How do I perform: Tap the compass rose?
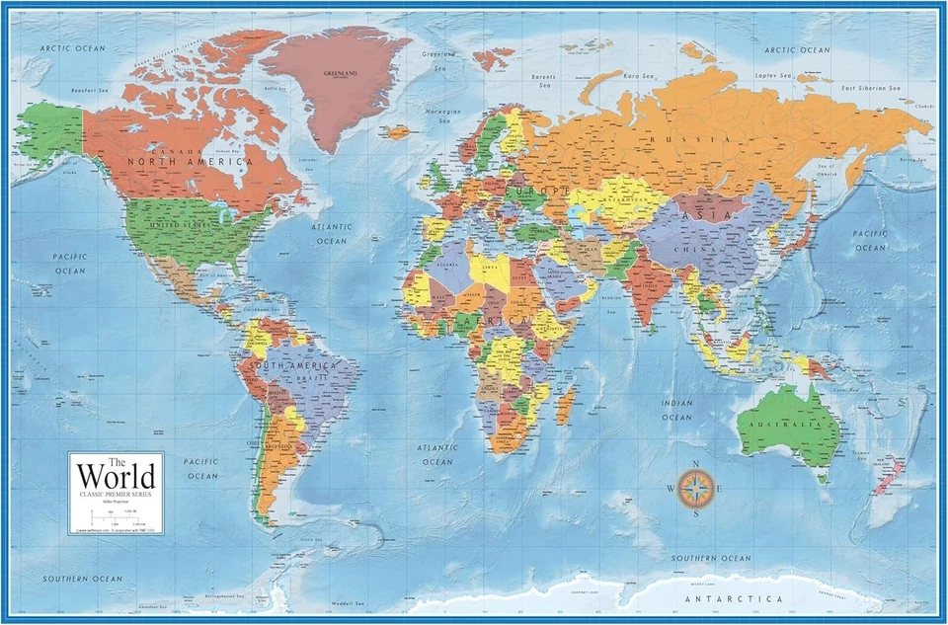pyautogui.click(x=697, y=486)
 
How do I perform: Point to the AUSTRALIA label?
pyautogui.click(x=790, y=424)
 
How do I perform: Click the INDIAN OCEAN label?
pyautogui.click(x=676, y=410)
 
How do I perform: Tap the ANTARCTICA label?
pyautogui.click(x=735, y=598)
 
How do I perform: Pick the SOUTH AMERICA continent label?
pyautogui.click(x=293, y=365)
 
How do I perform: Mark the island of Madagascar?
pyautogui.click(x=566, y=405)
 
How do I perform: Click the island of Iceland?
pyautogui.click(x=398, y=131)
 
